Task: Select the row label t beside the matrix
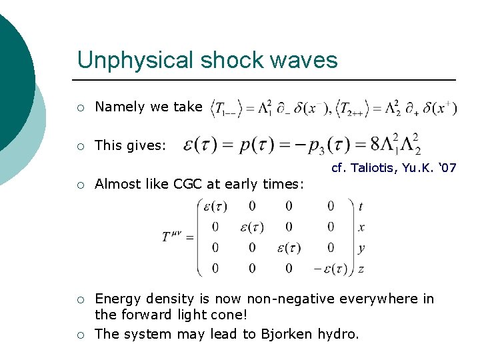[361, 207]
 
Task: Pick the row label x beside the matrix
[361, 227]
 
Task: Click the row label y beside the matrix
[361, 248]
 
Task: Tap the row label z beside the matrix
[361, 269]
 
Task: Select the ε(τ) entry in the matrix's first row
[214, 207]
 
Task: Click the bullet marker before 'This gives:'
[80, 145]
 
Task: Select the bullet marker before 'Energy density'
[80, 299]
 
